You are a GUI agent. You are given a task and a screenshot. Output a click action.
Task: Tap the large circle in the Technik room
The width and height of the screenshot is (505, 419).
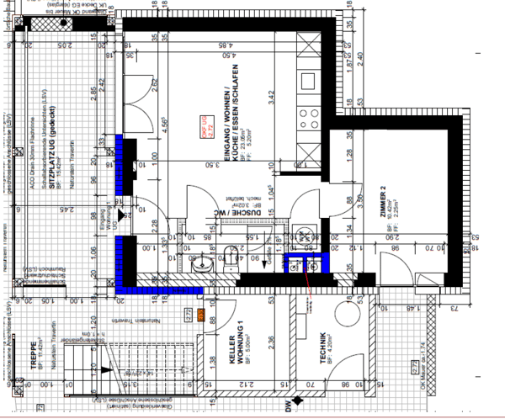348,325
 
